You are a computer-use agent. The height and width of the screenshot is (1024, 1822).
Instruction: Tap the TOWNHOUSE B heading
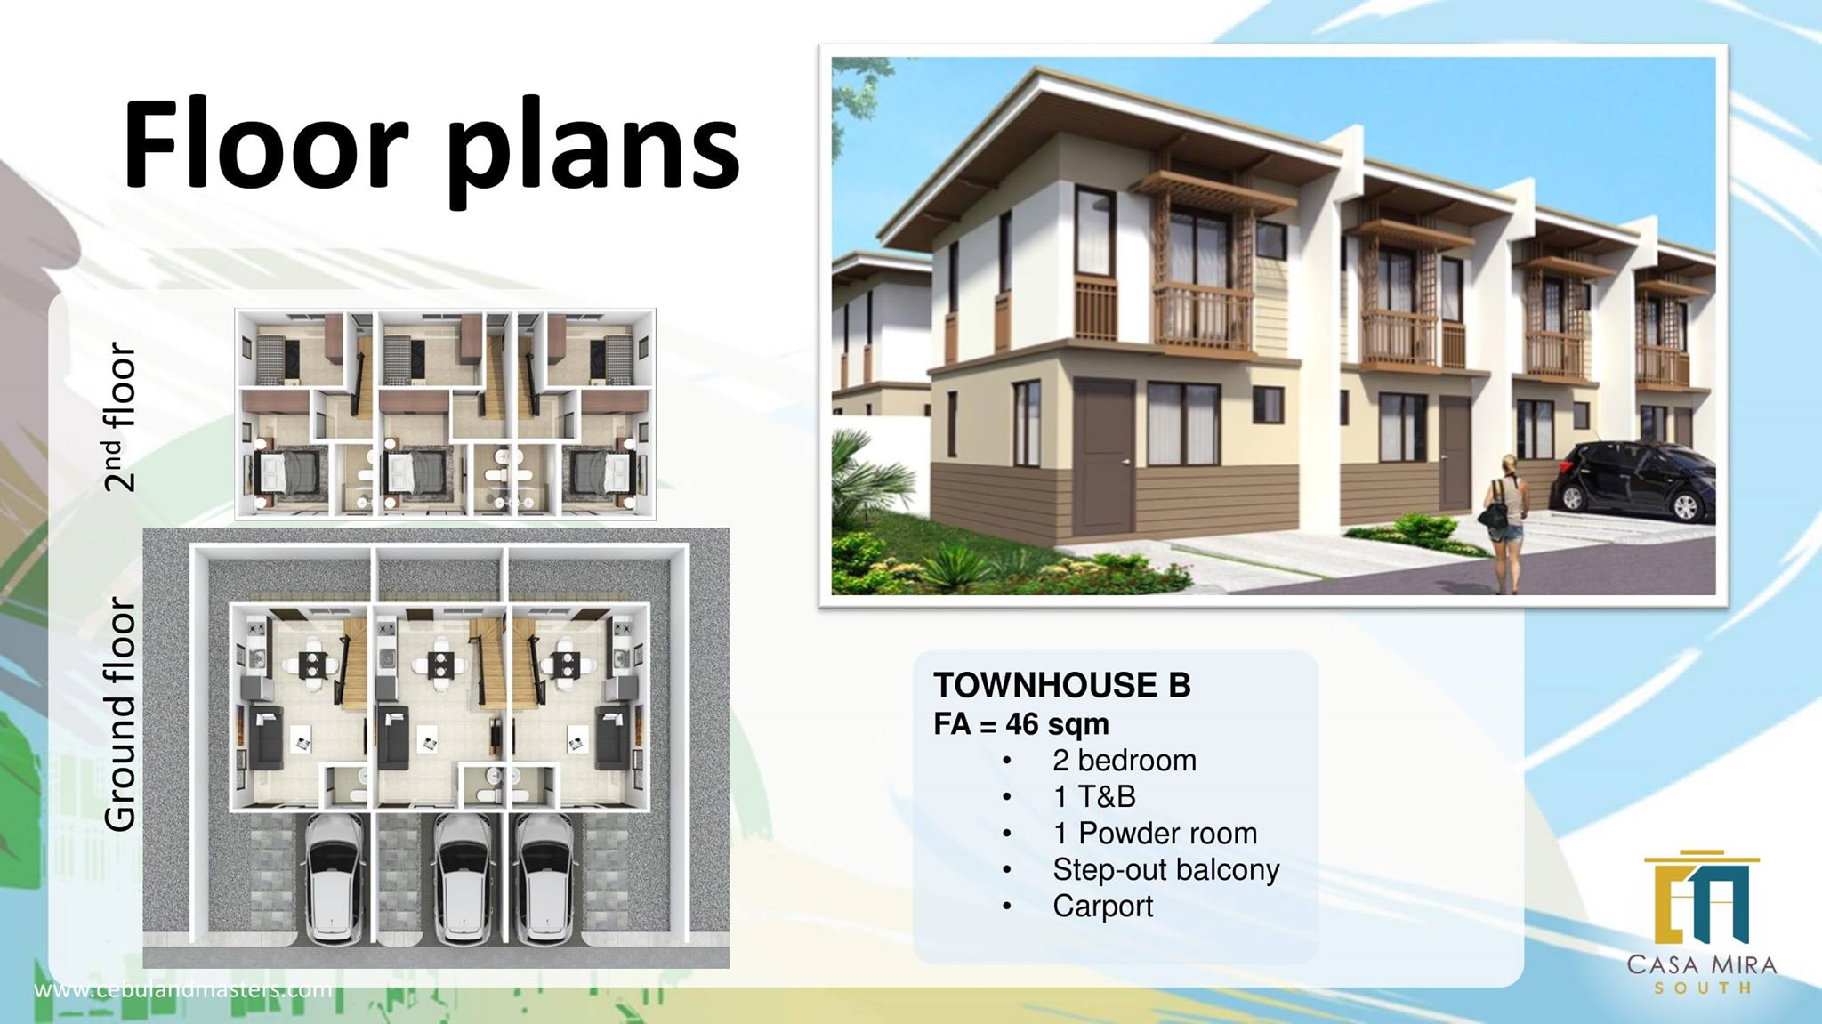1061,686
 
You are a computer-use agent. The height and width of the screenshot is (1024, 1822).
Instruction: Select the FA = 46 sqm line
1021,724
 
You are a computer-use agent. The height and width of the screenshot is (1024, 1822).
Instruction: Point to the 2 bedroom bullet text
1125,761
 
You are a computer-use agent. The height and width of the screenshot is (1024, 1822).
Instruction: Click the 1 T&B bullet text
1094,797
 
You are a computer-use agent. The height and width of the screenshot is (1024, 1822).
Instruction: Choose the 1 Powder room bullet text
1155,834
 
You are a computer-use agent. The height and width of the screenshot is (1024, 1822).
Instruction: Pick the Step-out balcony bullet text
1165,870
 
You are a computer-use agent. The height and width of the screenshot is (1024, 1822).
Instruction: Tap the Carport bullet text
1102,907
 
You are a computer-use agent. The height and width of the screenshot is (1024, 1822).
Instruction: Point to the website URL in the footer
183,989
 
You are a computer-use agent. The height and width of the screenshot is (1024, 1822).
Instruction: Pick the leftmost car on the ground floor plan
335,881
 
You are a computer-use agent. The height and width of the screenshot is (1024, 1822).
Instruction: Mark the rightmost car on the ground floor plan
546,881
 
